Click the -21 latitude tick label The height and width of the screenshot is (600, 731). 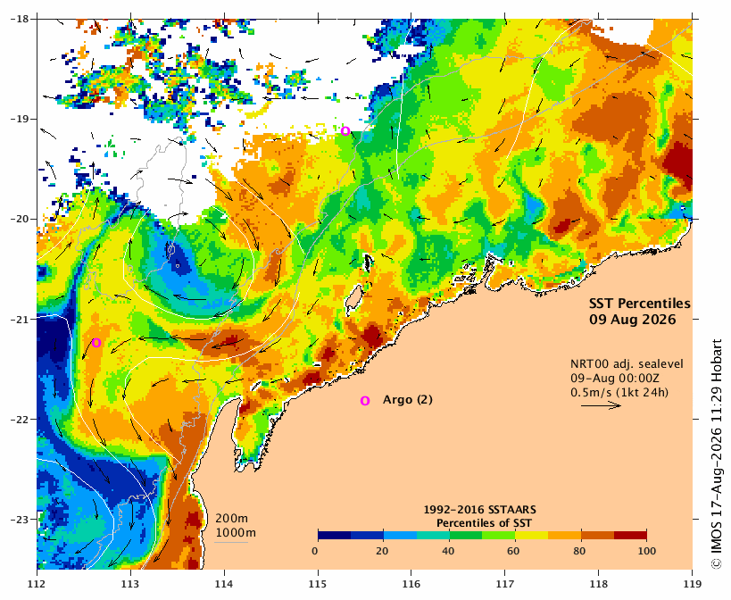point(19,320)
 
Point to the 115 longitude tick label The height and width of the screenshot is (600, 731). point(318,584)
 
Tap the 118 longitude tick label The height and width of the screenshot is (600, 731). point(599,584)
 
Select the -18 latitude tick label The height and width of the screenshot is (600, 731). point(19,19)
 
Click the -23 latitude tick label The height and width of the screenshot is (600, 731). point(19,520)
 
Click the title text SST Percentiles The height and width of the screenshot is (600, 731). point(640,304)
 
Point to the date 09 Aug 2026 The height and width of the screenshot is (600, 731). point(633,320)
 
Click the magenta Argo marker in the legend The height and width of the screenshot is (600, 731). point(365,401)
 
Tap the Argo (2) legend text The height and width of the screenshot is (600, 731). point(408,400)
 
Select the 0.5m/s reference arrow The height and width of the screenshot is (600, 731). point(601,406)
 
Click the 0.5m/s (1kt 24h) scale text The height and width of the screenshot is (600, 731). point(619,393)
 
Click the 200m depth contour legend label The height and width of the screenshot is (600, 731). point(231,519)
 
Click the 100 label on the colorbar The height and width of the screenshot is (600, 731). point(646,551)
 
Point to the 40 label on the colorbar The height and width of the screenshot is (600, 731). point(448,551)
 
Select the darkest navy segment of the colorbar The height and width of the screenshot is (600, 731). point(335,535)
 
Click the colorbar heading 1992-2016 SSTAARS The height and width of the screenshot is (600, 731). point(479,510)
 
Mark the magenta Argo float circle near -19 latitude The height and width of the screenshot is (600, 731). point(345,131)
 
